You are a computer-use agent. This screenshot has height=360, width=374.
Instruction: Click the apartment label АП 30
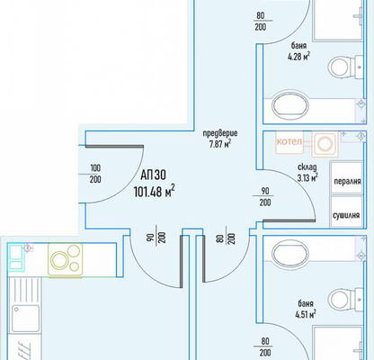(x=153, y=175)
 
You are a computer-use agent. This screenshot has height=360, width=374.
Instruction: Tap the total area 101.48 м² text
(x=154, y=192)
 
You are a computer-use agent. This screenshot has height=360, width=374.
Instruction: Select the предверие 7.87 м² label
(x=220, y=139)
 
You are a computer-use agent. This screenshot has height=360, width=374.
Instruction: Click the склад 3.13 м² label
(x=307, y=173)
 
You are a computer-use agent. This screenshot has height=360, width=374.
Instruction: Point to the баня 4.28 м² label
(x=298, y=51)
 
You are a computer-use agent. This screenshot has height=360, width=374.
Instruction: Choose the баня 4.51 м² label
(x=306, y=309)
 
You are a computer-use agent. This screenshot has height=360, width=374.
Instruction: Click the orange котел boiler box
(x=289, y=143)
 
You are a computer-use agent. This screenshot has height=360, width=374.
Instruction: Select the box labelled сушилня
(x=347, y=211)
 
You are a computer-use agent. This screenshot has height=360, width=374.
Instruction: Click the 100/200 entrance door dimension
(x=95, y=174)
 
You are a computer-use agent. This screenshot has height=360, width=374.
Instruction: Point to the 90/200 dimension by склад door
(x=265, y=197)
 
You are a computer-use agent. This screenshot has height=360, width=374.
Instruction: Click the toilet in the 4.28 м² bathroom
(x=344, y=67)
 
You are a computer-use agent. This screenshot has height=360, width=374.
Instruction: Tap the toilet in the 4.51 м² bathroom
(x=344, y=299)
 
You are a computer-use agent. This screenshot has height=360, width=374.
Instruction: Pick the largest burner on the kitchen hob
(x=59, y=260)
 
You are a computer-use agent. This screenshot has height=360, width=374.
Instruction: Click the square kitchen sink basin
(x=25, y=319)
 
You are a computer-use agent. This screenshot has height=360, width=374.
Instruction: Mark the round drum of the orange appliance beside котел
(x=325, y=144)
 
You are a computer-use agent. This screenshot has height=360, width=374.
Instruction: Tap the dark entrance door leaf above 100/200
(x=114, y=147)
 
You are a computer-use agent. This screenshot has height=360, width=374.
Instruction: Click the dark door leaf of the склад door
(x=289, y=220)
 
